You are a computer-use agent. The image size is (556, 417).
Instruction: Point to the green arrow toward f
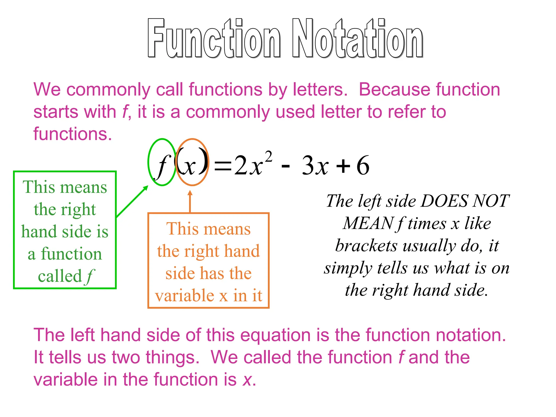point(132,201)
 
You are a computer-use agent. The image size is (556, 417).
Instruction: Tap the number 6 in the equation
point(363,165)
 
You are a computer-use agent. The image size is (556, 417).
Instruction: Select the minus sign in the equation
point(285,166)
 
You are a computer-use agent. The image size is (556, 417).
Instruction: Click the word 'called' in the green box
point(60,276)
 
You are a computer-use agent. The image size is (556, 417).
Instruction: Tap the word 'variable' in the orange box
point(185,296)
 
